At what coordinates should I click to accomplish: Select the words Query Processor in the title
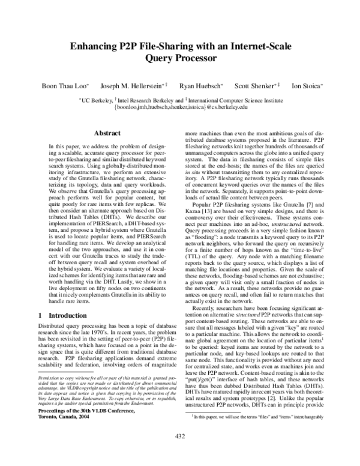180,59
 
